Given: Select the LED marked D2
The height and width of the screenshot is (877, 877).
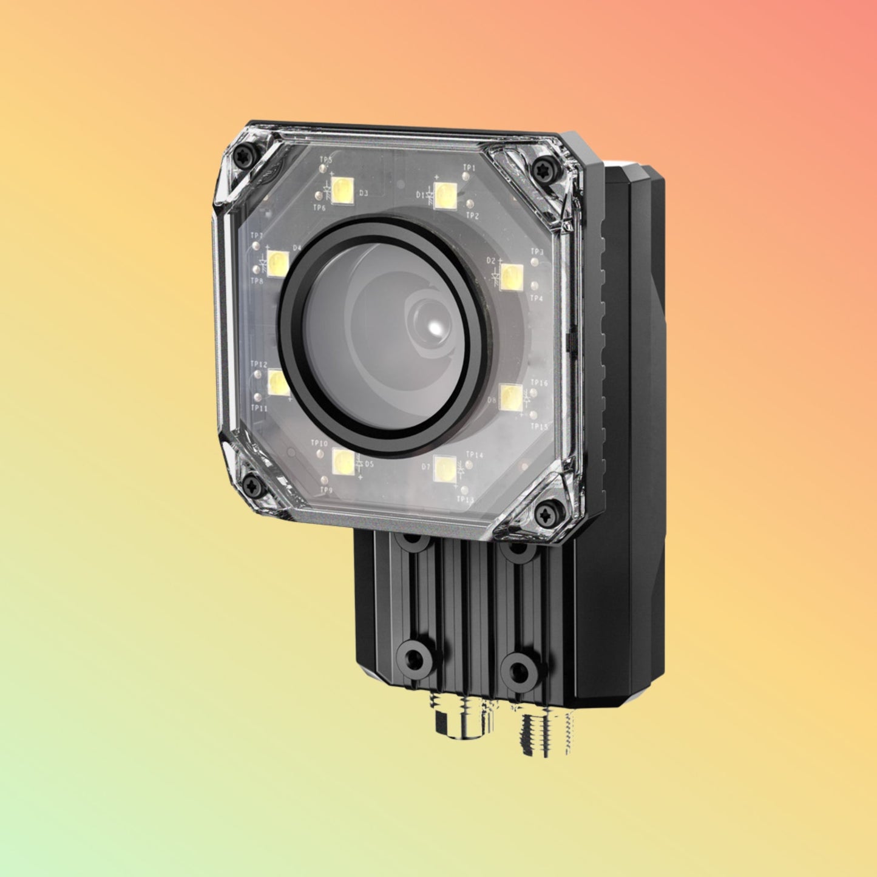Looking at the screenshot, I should tap(512, 277).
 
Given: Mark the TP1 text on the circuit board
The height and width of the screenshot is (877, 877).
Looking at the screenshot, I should tap(469, 167).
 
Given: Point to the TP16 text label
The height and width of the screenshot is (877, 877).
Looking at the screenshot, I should tap(539, 383).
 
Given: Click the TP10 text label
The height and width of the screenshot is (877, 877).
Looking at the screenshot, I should tap(319, 444).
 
